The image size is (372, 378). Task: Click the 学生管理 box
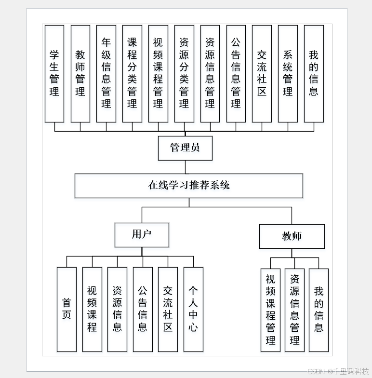click(x=54, y=73)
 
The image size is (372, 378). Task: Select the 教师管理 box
click(x=80, y=73)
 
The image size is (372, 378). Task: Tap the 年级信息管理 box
click(x=106, y=73)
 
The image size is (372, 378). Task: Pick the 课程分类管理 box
click(x=132, y=73)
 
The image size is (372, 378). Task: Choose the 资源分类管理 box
click(x=184, y=73)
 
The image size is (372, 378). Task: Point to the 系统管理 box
click(x=288, y=73)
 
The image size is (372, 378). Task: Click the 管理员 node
click(x=185, y=148)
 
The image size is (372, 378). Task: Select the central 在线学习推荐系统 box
click(x=189, y=186)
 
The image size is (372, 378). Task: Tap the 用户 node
click(x=142, y=235)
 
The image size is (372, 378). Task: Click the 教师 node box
click(x=292, y=236)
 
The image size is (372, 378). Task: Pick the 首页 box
click(x=66, y=309)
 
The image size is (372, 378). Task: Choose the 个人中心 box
click(x=193, y=309)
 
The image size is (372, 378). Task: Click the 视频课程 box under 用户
click(x=92, y=309)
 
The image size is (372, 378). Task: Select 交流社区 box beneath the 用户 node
click(x=168, y=309)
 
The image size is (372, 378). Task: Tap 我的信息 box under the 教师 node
click(x=319, y=310)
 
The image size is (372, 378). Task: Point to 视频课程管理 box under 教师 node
click(x=270, y=310)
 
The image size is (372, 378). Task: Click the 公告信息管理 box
click(x=236, y=73)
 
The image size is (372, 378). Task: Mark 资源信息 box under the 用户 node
click(x=117, y=309)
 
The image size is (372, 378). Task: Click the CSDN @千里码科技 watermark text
click(x=338, y=371)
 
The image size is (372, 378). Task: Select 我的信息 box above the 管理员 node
click(x=314, y=73)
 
